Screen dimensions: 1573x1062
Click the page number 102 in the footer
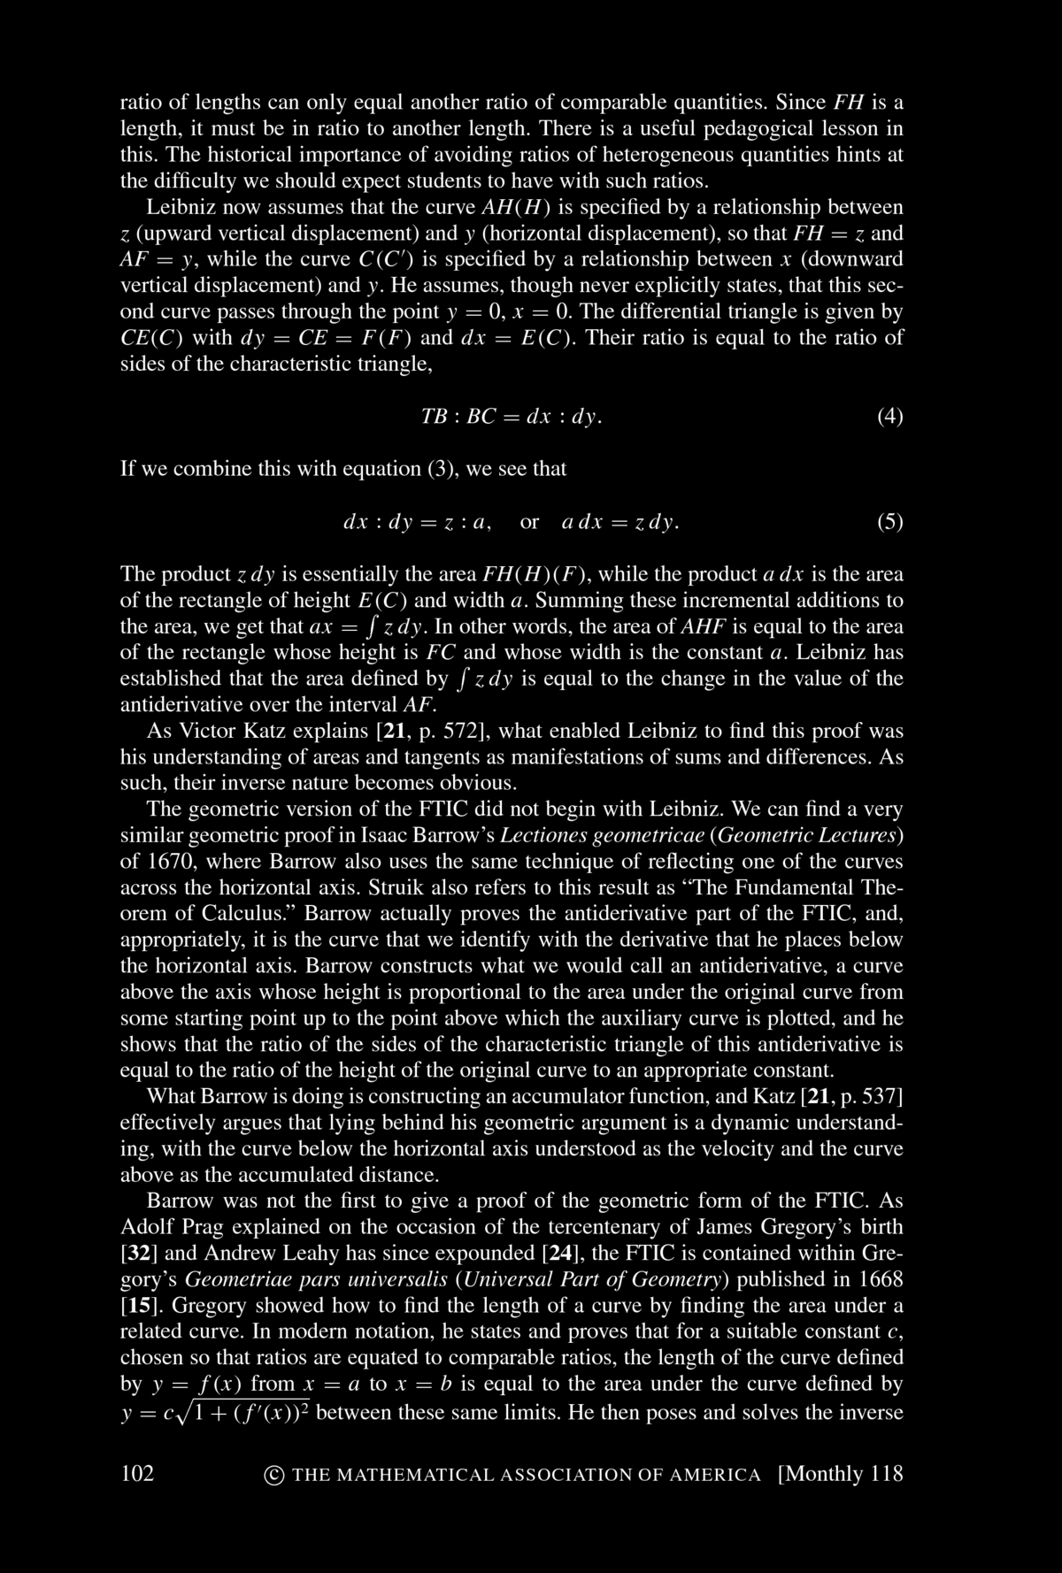click(x=137, y=1473)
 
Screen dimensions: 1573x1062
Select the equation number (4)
click(x=889, y=416)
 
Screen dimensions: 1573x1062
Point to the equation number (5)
click(x=889, y=522)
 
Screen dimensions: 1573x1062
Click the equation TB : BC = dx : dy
click(x=513, y=416)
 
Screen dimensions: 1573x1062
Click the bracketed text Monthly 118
click(x=840, y=1473)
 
